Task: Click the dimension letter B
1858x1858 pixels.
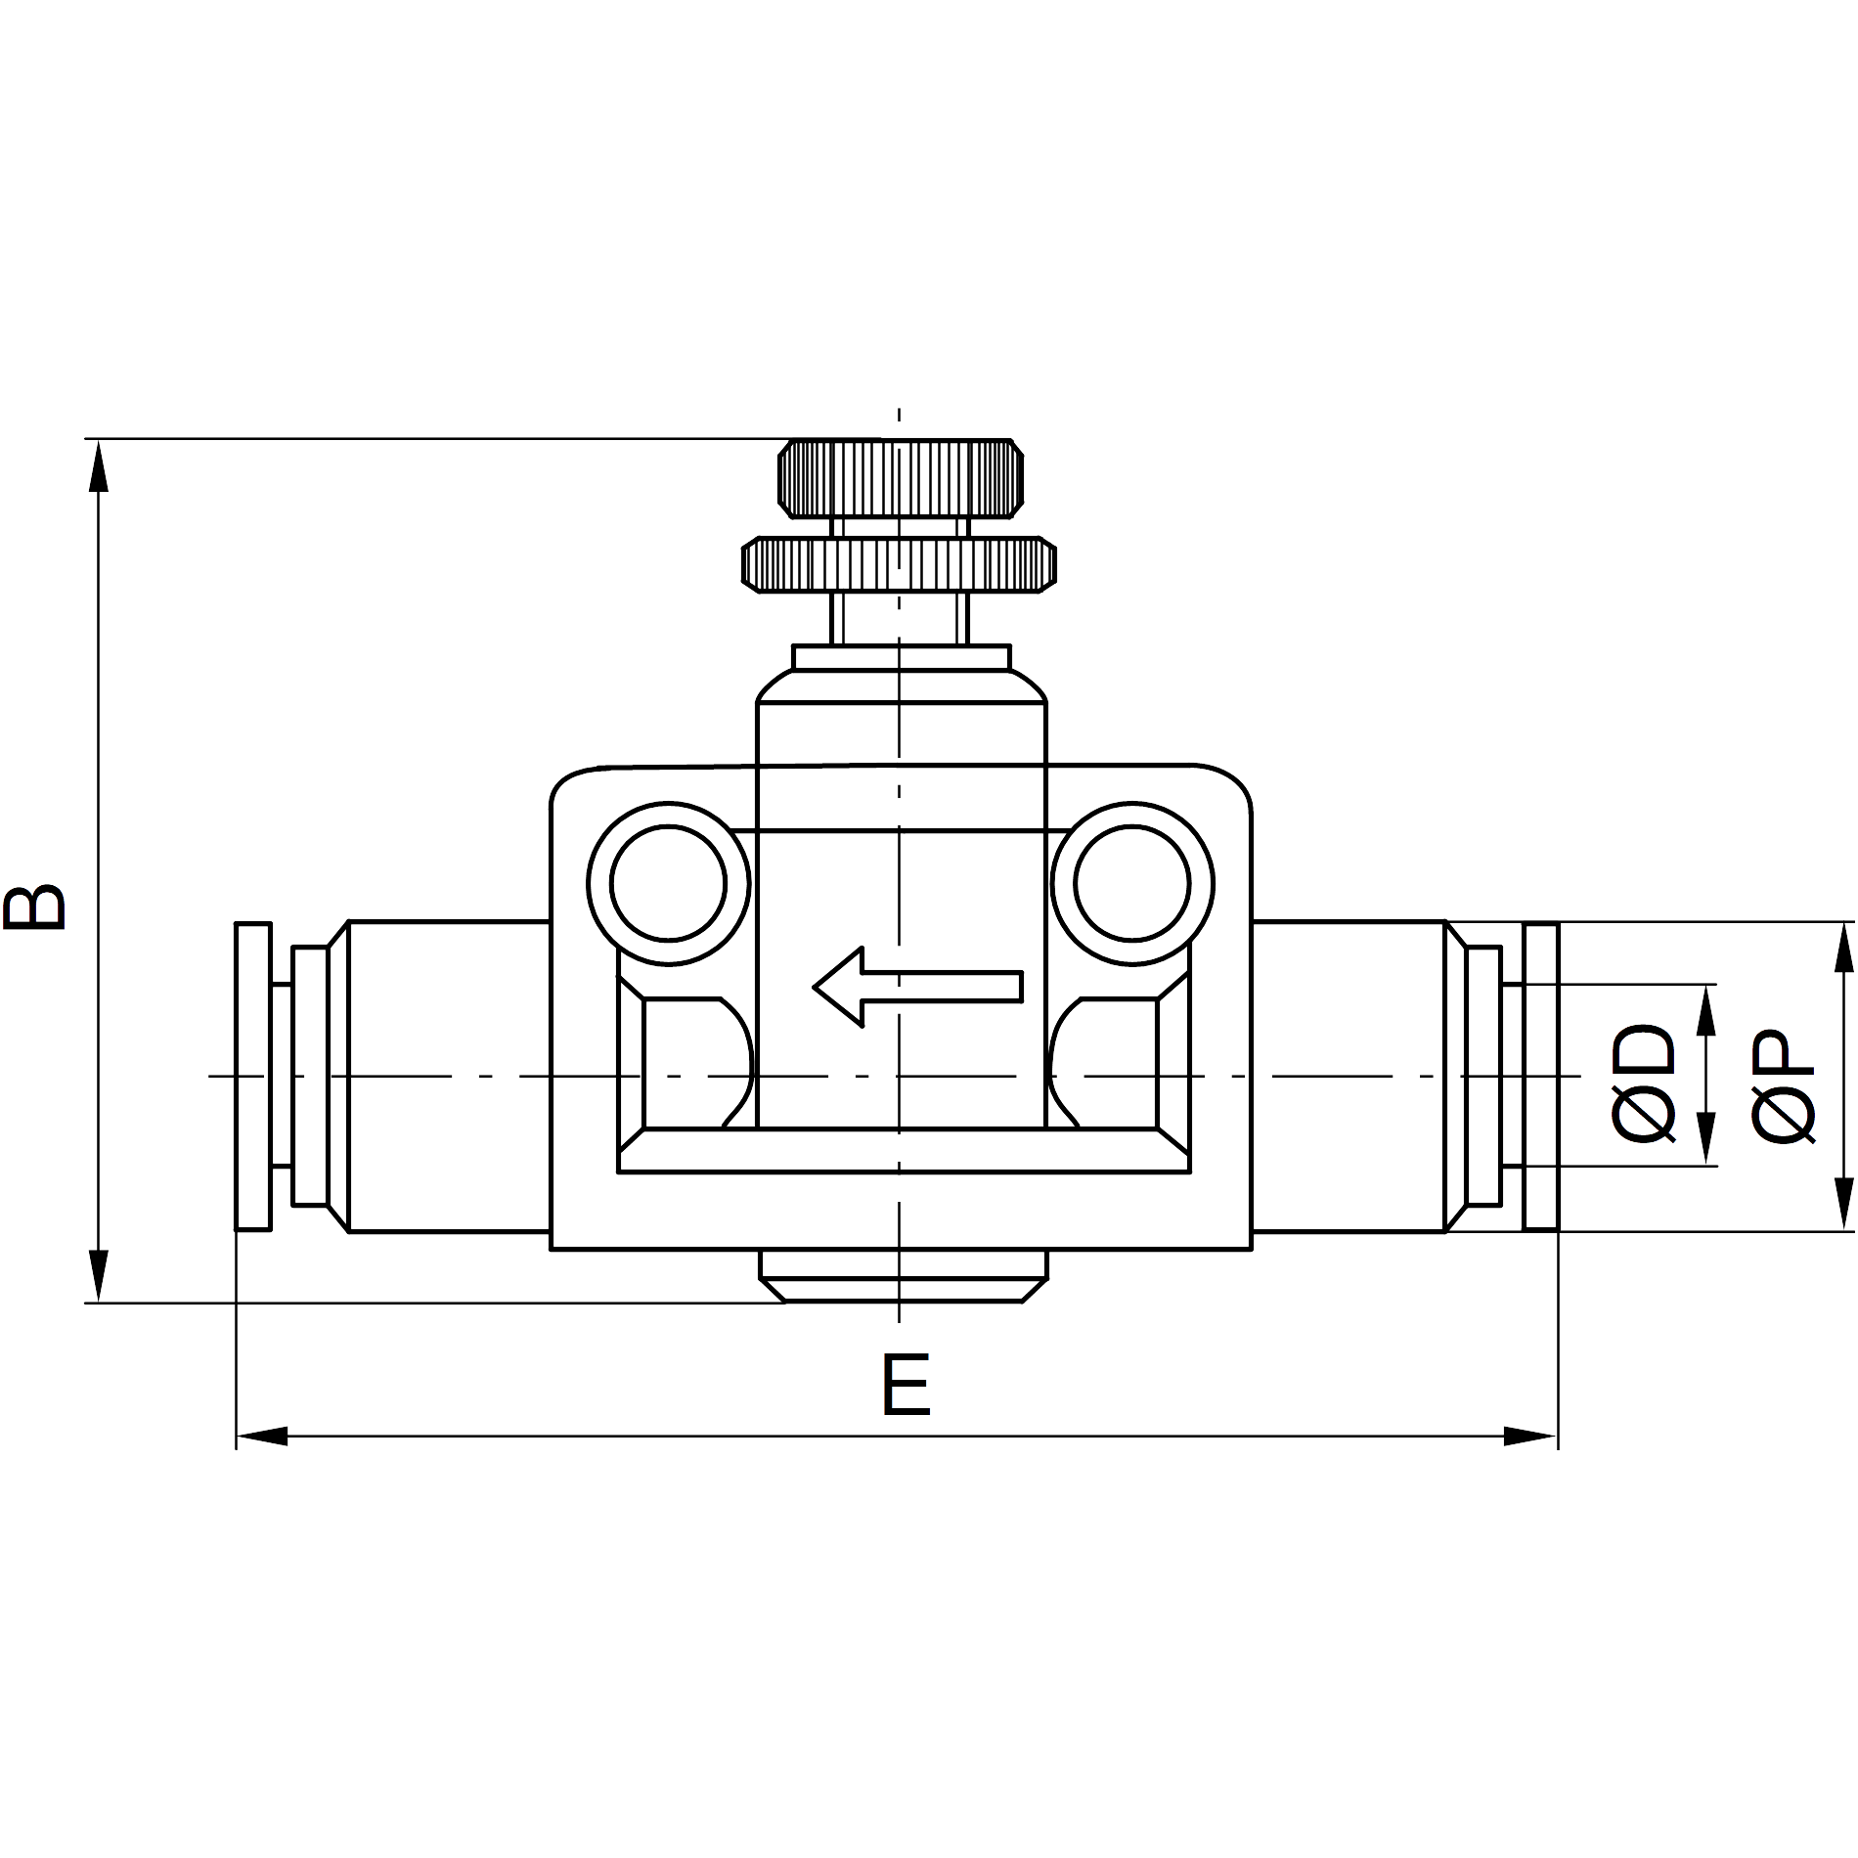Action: click(35, 906)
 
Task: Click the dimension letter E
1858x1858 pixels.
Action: click(906, 1384)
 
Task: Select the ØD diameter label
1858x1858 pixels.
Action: click(1644, 1083)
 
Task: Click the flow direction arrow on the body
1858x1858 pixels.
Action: click(918, 987)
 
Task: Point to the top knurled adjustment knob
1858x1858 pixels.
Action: click(901, 479)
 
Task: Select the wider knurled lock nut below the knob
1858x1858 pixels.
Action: click(899, 564)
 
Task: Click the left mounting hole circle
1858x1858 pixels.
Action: click(668, 884)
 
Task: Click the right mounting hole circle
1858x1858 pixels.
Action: click(1132, 884)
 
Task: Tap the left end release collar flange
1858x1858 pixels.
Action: click(253, 1076)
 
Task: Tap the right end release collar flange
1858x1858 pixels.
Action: click(1541, 1076)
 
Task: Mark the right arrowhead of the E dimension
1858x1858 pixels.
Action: click(1530, 1437)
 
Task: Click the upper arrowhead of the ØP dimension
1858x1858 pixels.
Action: click(1844, 948)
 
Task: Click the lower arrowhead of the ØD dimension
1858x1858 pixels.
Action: click(1706, 1139)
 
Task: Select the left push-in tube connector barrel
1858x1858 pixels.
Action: click(437, 1076)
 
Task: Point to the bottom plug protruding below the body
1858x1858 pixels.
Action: click(904, 1276)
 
